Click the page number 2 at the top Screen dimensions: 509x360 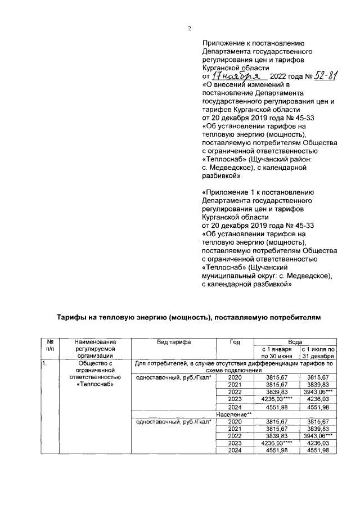pos(190,29)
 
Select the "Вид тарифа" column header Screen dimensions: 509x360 pos(174,342)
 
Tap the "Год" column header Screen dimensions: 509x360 pos(235,342)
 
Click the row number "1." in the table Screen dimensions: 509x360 pos(44,363)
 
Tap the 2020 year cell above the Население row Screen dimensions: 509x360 pos(235,377)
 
